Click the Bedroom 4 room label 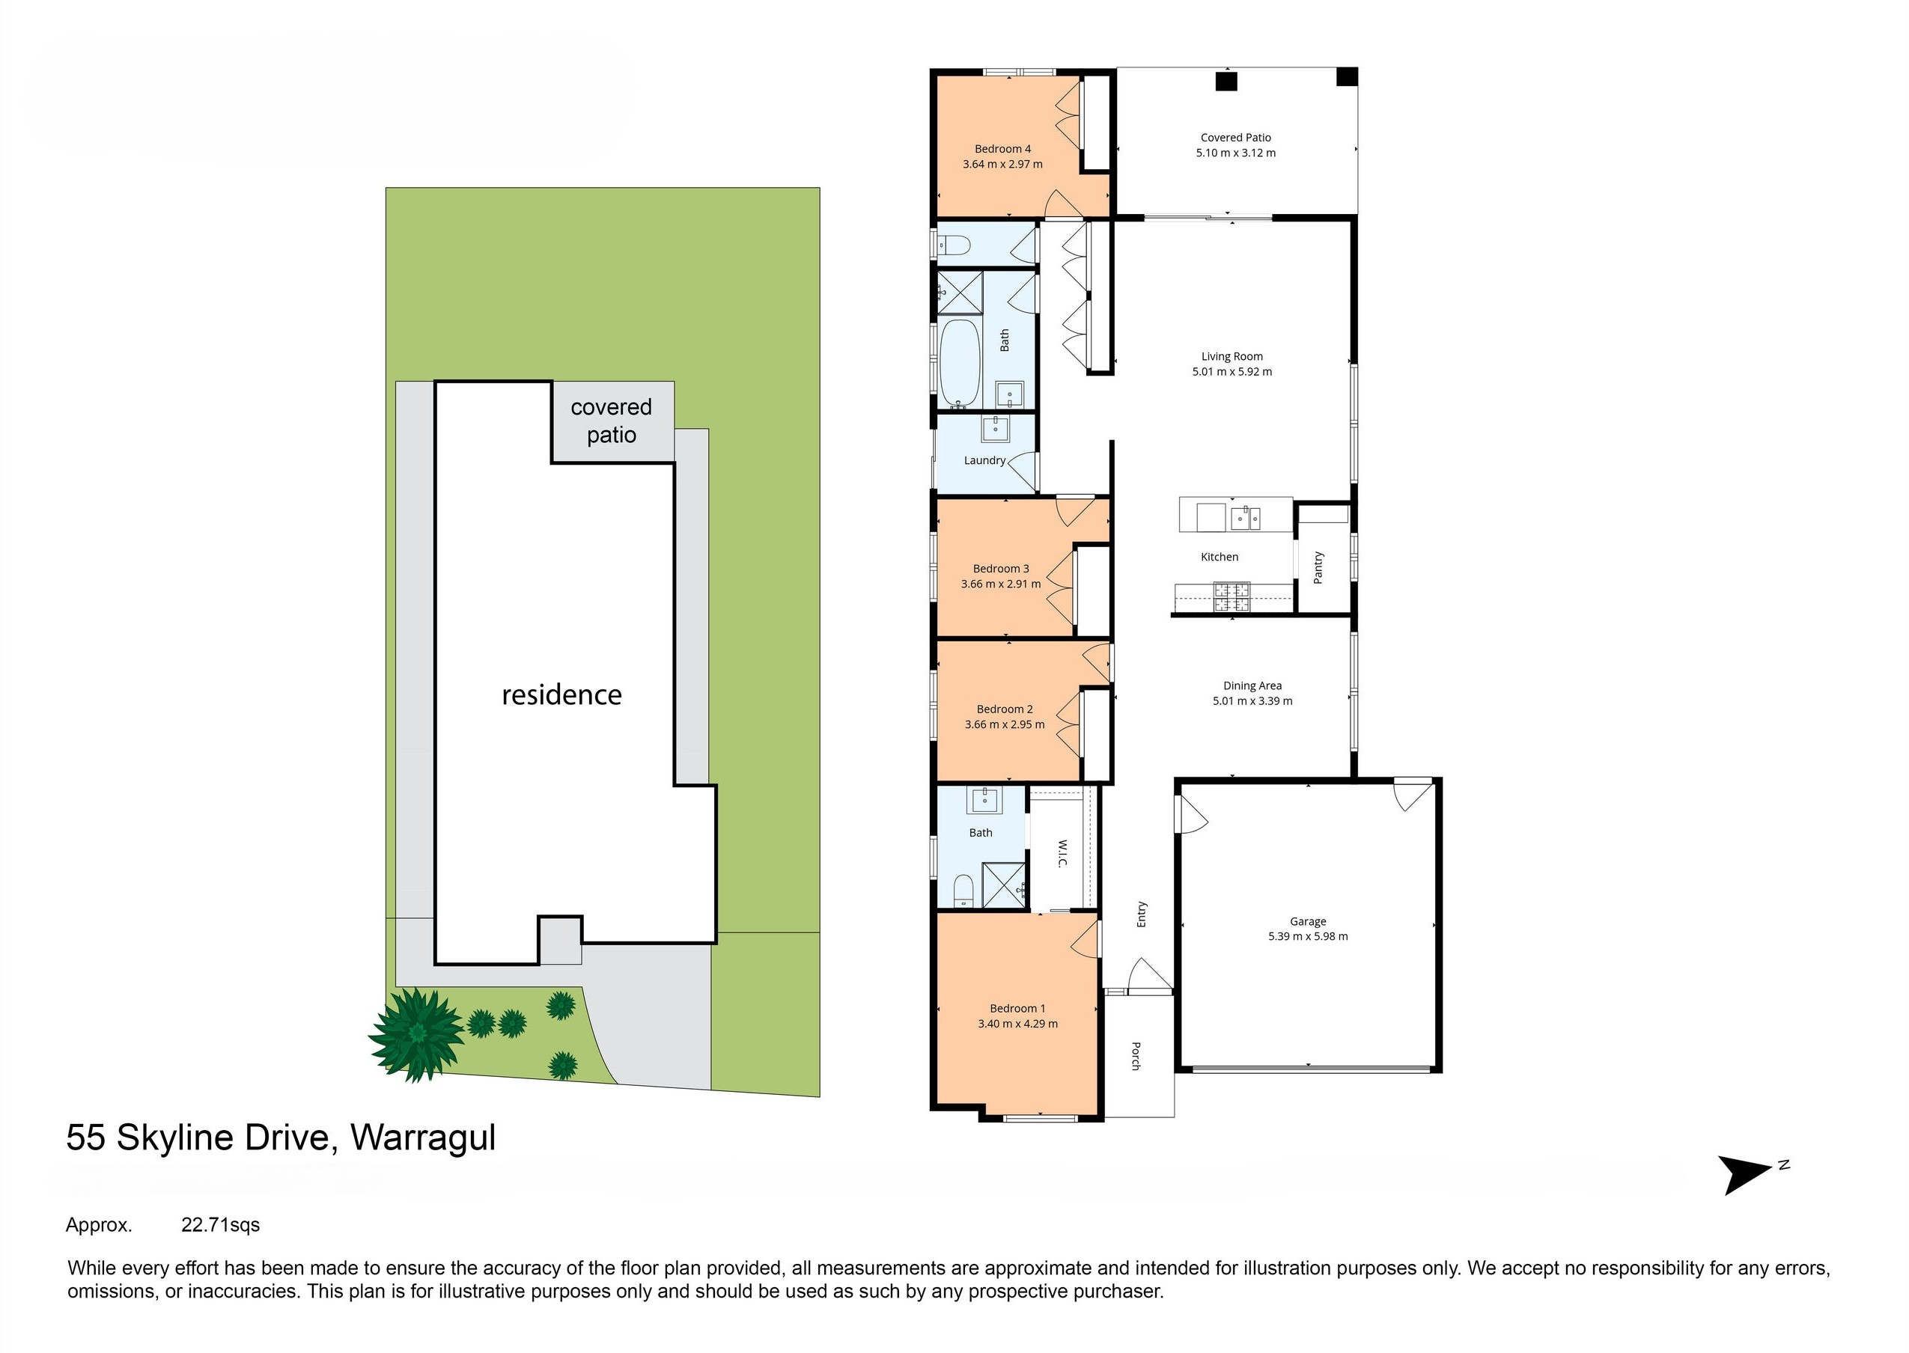tap(1002, 149)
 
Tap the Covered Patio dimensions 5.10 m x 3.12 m tap(1236, 153)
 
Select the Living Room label tap(1231, 356)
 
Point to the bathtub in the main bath tap(960, 363)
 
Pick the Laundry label tap(984, 461)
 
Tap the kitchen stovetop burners tap(1231, 597)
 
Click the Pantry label tap(1318, 567)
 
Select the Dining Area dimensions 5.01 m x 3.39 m tap(1252, 701)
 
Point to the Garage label tap(1307, 921)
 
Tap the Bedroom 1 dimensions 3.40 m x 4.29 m tap(1017, 1024)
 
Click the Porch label tap(1136, 1056)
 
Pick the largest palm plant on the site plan tap(417, 1034)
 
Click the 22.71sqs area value tap(221, 1225)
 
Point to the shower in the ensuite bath tap(1004, 885)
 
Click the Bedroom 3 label tap(1001, 569)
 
